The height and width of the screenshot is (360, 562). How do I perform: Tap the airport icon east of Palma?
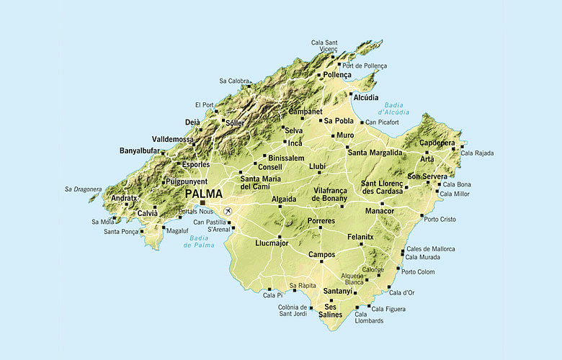[228, 211]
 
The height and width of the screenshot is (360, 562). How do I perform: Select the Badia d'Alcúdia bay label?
[391, 109]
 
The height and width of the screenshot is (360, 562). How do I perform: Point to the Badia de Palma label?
[199, 242]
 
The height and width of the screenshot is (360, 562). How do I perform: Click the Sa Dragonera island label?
[83, 189]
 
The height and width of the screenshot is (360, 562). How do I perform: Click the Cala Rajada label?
[477, 153]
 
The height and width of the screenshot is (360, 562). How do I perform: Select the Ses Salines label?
[330, 311]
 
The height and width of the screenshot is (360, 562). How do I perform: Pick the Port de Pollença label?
[365, 66]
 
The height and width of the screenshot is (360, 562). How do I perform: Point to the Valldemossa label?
[173, 139]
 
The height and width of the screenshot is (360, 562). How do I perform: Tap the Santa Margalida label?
[375, 153]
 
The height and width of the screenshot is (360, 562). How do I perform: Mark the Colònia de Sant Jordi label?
[298, 311]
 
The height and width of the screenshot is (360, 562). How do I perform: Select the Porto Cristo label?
[440, 219]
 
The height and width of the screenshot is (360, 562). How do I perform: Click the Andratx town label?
[124, 199]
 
